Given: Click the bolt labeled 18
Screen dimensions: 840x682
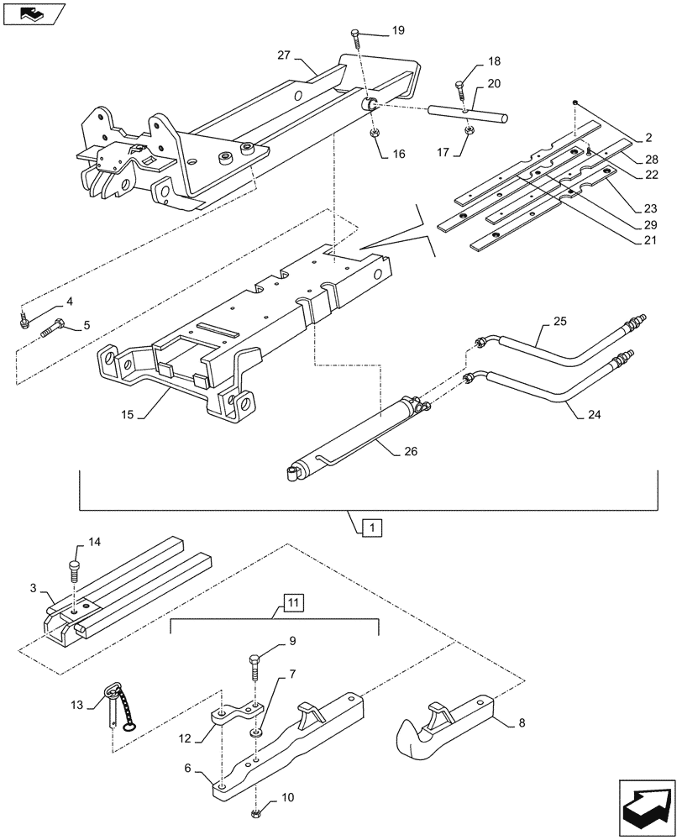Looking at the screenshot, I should (x=460, y=88).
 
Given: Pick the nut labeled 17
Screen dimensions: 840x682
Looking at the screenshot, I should (x=471, y=130).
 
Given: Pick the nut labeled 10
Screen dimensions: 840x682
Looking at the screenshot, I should (x=254, y=814).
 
